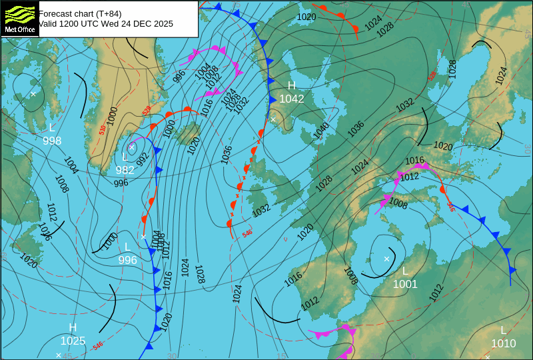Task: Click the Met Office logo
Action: (x=19, y=18)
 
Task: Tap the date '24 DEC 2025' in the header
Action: (x=149, y=24)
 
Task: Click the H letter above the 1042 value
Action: (x=291, y=86)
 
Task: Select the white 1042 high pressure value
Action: (x=292, y=99)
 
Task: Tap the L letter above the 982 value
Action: (x=125, y=157)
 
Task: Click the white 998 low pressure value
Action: (x=52, y=141)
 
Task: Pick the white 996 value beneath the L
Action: (x=127, y=261)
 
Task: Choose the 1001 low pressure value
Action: (x=405, y=285)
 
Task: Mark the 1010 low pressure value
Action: (x=504, y=344)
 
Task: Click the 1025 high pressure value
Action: (x=73, y=341)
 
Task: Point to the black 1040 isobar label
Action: (x=321, y=131)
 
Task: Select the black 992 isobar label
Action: (x=143, y=159)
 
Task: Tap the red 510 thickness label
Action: (x=102, y=130)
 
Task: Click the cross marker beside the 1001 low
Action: (x=386, y=259)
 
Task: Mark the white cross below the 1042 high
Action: (x=272, y=119)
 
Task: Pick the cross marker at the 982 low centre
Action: (x=132, y=146)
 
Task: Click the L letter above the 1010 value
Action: (x=504, y=331)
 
